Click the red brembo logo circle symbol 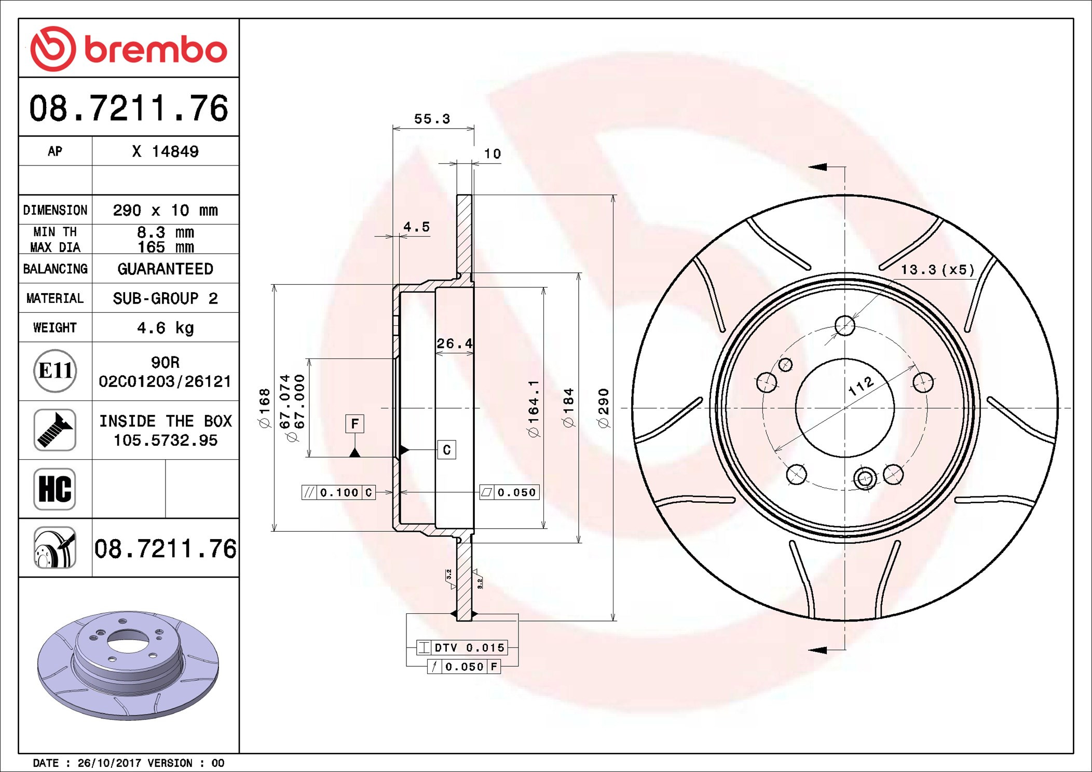click(53, 49)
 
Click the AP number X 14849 click(165, 151)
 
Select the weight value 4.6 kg click(165, 328)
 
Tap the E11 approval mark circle click(55, 371)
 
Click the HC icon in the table click(54, 489)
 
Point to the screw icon click(54, 430)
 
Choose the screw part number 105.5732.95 click(165, 440)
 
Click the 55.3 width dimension click(432, 119)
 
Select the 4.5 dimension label click(417, 227)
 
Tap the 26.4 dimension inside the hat click(454, 343)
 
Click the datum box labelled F click(354, 423)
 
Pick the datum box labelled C click(446, 450)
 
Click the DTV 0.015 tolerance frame click(462, 647)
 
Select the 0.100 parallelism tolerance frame click(338, 492)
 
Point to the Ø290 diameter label click(603, 408)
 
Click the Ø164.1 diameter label click(534, 408)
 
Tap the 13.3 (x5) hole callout click(937, 270)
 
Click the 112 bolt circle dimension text click(861, 386)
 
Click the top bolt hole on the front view click(844, 326)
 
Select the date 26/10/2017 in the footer click(109, 763)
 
